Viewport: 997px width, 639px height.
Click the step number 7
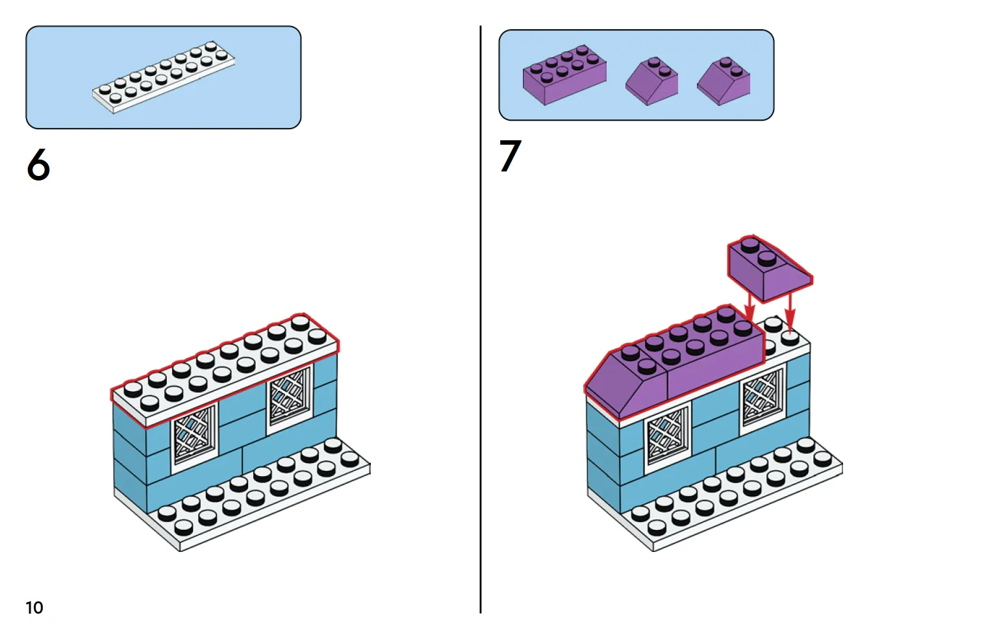click(511, 156)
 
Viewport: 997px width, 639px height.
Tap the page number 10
click(34, 607)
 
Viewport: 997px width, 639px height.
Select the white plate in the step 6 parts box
click(163, 77)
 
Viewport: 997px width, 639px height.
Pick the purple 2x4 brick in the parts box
click(564, 74)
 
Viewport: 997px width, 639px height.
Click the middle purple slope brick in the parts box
click(651, 82)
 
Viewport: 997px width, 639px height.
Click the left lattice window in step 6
click(194, 434)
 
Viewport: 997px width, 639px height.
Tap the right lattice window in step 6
click(290, 396)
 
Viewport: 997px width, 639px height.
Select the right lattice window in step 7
click(763, 396)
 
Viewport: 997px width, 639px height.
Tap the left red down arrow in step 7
click(750, 307)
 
